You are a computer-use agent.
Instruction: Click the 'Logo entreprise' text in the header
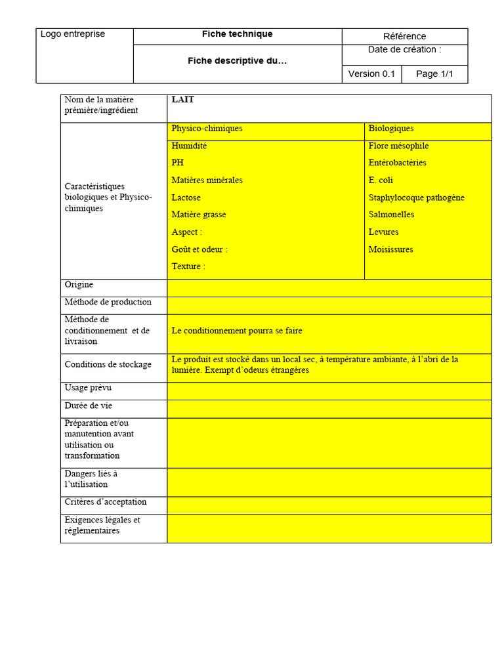(x=73, y=34)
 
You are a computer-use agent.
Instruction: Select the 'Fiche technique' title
(x=237, y=34)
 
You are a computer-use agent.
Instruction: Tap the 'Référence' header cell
(x=404, y=36)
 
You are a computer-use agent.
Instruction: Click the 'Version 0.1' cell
(x=371, y=73)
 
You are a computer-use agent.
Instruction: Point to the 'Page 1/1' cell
(x=434, y=73)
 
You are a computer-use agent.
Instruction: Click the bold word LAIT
(x=182, y=100)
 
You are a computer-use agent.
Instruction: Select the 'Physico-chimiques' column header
(x=207, y=129)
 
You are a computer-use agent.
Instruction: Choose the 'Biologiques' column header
(x=391, y=129)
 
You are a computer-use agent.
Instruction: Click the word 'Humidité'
(x=189, y=146)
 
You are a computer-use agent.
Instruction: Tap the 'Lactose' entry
(x=186, y=198)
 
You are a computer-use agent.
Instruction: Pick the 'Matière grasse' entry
(x=199, y=215)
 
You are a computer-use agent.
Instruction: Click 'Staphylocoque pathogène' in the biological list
(x=417, y=198)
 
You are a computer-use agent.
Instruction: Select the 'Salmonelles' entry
(x=392, y=215)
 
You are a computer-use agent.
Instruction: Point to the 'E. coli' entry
(x=381, y=180)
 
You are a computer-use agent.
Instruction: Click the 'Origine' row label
(x=79, y=285)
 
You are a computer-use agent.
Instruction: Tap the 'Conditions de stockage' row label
(x=108, y=365)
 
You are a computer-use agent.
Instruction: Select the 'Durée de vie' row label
(x=89, y=406)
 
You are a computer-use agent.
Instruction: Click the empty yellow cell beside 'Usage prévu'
(x=329, y=391)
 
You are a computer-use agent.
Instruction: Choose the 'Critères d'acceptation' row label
(x=106, y=502)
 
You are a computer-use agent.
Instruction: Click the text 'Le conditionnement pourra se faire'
(x=237, y=331)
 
